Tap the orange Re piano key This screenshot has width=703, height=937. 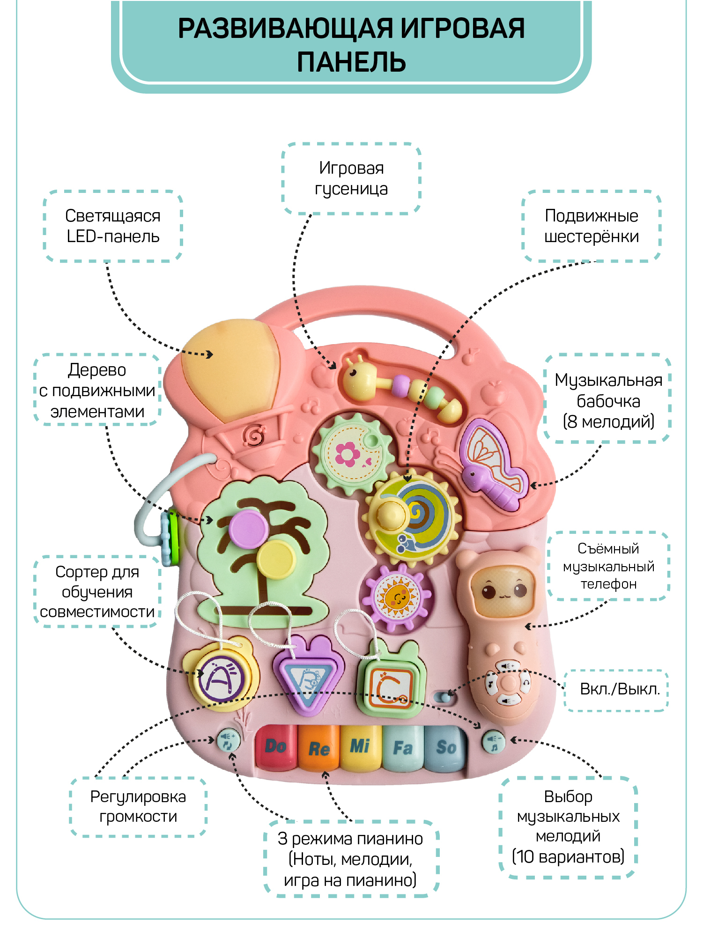point(318,748)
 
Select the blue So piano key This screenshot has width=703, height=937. point(445,747)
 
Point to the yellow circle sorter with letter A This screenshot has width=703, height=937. point(221,678)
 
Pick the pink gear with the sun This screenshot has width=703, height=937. point(397,597)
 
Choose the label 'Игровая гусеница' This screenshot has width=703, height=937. point(351,178)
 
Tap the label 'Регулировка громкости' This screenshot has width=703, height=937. point(138,806)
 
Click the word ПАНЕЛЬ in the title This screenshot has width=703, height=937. point(351,62)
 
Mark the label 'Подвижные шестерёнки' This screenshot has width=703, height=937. point(591,226)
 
